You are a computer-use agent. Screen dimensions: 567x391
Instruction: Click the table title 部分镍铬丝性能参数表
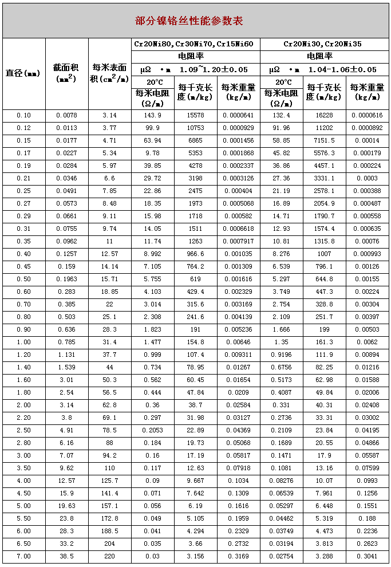189,21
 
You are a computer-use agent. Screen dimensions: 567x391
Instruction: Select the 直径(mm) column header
23,73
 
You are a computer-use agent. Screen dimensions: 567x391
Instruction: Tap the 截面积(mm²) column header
66,73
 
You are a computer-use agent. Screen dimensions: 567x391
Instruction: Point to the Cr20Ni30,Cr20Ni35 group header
323,44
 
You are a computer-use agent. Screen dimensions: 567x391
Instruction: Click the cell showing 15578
195,116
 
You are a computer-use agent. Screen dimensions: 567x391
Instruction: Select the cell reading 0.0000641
239,116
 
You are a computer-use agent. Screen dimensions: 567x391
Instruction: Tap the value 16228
325,116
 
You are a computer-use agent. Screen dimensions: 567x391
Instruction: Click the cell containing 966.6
195,254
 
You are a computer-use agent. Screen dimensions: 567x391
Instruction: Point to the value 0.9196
282,355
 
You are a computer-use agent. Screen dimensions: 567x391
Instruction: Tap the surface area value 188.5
109,531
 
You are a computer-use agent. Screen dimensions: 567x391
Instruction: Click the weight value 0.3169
239,556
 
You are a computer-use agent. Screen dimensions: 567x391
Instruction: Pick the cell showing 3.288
325,556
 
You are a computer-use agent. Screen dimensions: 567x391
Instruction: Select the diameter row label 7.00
23,556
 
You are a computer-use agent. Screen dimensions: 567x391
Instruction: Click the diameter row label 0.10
23,116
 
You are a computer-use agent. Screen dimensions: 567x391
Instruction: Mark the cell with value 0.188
367,518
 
